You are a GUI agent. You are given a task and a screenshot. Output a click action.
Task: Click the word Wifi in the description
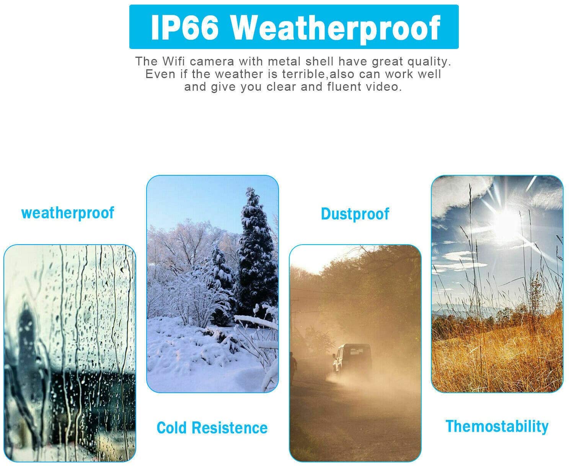point(174,61)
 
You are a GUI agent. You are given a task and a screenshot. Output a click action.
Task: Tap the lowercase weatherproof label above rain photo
point(68,213)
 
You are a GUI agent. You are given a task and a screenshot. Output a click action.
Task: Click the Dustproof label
point(355,214)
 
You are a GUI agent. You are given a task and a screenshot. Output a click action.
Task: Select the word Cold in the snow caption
point(171,428)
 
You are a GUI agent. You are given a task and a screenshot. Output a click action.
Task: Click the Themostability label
point(497,427)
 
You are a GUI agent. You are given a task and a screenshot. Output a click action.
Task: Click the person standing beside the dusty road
point(293,365)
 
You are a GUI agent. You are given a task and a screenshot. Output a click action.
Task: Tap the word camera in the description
point(212,62)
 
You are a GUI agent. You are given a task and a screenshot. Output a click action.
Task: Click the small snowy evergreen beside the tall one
point(221,270)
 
